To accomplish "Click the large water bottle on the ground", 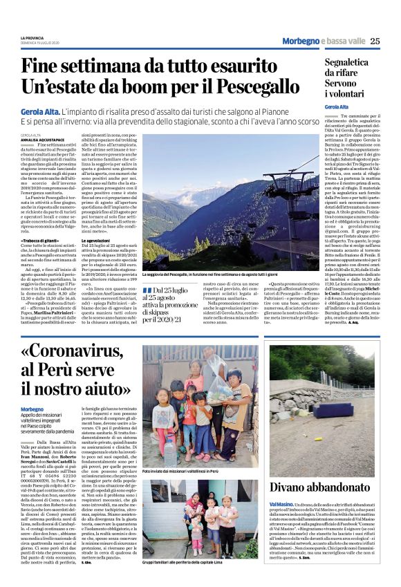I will pyautogui.click(x=171, y=451).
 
